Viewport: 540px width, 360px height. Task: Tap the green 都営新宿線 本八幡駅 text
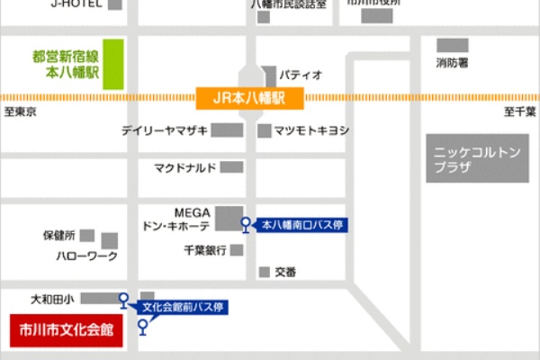(x=58, y=63)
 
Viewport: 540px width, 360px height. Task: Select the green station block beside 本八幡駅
(x=112, y=64)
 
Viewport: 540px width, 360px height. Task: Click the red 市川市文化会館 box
(x=66, y=329)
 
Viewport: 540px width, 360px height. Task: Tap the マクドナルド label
(x=184, y=167)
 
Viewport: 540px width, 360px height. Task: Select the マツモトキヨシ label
(x=311, y=131)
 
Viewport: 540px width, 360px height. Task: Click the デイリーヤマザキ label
(x=165, y=131)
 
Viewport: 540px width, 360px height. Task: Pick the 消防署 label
(x=452, y=64)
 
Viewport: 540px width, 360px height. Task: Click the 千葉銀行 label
(x=204, y=250)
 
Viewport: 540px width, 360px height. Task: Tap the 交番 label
(x=285, y=271)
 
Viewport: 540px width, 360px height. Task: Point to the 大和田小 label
(x=52, y=297)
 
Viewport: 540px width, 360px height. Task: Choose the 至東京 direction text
(x=20, y=113)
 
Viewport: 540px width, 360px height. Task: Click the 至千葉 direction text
(x=519, y=113)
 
